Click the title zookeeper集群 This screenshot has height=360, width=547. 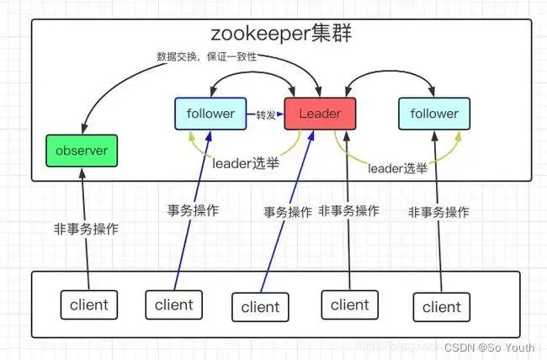[x=281, y=35]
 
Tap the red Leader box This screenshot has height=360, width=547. [x=320, y=114]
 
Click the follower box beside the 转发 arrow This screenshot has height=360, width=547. [x=210, y=114]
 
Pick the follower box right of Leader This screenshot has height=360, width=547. [x=433, y=114]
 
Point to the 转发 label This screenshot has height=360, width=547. [x=266, y=114]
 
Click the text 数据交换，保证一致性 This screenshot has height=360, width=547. [x=206, y=56]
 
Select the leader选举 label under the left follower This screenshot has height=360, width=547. [x=246, y=163]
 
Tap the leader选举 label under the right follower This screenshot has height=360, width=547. [x=397, y=168]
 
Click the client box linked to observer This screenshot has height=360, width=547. [x=88, y=304]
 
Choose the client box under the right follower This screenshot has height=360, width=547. [x=441, y=307]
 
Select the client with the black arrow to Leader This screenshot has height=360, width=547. [x=349, y=304]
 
